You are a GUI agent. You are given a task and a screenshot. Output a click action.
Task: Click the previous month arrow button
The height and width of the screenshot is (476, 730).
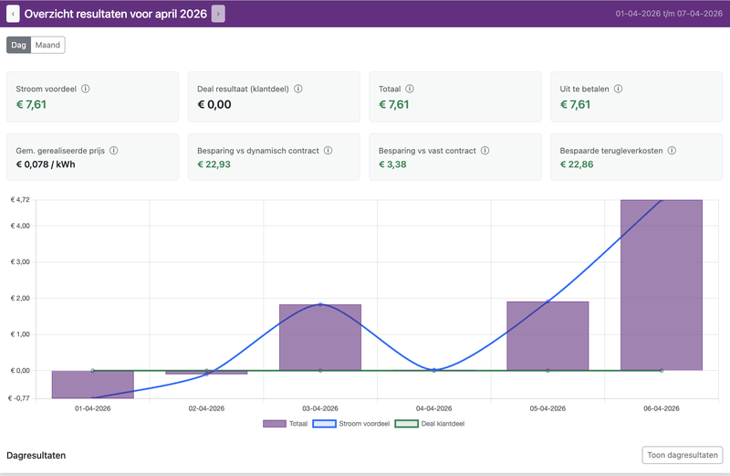14,14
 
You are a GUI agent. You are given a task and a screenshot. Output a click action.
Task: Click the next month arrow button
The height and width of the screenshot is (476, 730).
218,14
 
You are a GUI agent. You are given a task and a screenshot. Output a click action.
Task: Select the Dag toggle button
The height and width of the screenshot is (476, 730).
18,45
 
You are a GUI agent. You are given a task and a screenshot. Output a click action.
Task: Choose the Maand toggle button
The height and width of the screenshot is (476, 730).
47,45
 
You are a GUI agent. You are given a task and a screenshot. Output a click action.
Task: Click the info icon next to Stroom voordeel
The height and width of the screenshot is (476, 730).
86,89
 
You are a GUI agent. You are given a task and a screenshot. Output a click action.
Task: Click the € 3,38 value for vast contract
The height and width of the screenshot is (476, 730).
393,164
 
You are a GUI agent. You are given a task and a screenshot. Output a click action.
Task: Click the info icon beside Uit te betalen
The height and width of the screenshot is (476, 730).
618,89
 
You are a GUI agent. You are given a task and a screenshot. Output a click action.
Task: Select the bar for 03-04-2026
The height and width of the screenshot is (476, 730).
320,337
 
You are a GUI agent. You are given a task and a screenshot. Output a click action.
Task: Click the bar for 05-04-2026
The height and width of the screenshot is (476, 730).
547,335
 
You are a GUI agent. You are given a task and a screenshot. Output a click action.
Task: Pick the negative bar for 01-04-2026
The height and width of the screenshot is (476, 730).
93,384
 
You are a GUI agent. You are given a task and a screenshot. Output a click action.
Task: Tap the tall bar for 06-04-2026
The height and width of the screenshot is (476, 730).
662,284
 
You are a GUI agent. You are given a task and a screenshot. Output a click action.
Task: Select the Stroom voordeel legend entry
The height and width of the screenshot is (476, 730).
351,424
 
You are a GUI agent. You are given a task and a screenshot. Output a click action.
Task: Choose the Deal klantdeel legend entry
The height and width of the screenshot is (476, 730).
432,424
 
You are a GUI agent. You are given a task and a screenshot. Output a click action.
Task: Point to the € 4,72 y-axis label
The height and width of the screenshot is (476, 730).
20,199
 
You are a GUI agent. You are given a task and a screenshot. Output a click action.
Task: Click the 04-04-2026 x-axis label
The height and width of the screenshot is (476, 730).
433,408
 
